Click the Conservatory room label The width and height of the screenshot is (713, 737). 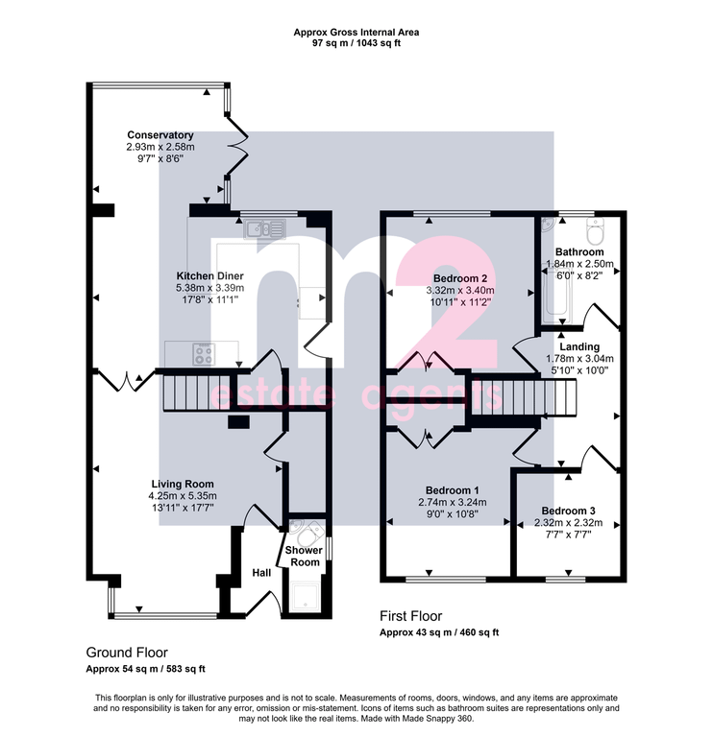160,135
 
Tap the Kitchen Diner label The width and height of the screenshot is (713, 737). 209,276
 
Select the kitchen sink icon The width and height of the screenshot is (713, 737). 265,229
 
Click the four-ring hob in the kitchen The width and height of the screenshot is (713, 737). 204,354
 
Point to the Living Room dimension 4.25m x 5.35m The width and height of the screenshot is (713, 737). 183,496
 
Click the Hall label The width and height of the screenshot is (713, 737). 261,573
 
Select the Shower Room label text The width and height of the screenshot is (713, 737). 304,556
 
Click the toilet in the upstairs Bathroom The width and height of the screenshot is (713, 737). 596,231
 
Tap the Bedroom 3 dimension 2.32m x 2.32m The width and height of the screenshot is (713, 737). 568,523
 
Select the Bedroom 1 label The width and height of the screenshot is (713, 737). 453,490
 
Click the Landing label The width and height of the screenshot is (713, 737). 579,346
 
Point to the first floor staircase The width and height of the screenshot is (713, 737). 524,397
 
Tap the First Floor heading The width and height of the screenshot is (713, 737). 411,616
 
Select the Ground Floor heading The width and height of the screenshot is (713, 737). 127,653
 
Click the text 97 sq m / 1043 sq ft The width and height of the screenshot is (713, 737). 356,43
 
